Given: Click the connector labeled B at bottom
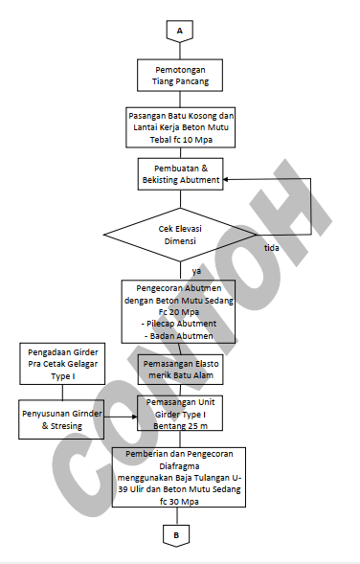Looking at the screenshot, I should coord(179,532).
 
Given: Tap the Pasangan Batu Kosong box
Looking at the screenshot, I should coord(180,124).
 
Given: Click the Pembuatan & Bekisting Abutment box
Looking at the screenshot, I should coord(180,173).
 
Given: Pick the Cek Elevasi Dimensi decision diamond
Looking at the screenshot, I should coord(179,236).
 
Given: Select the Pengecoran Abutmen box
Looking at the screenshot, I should coord(179,310).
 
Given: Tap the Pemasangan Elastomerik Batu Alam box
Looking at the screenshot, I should coord(179,371).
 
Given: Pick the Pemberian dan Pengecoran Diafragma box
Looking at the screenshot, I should coord(179,475).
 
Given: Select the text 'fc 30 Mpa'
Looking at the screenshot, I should coord(179,501).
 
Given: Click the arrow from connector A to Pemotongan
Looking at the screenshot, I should coord(179,50).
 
